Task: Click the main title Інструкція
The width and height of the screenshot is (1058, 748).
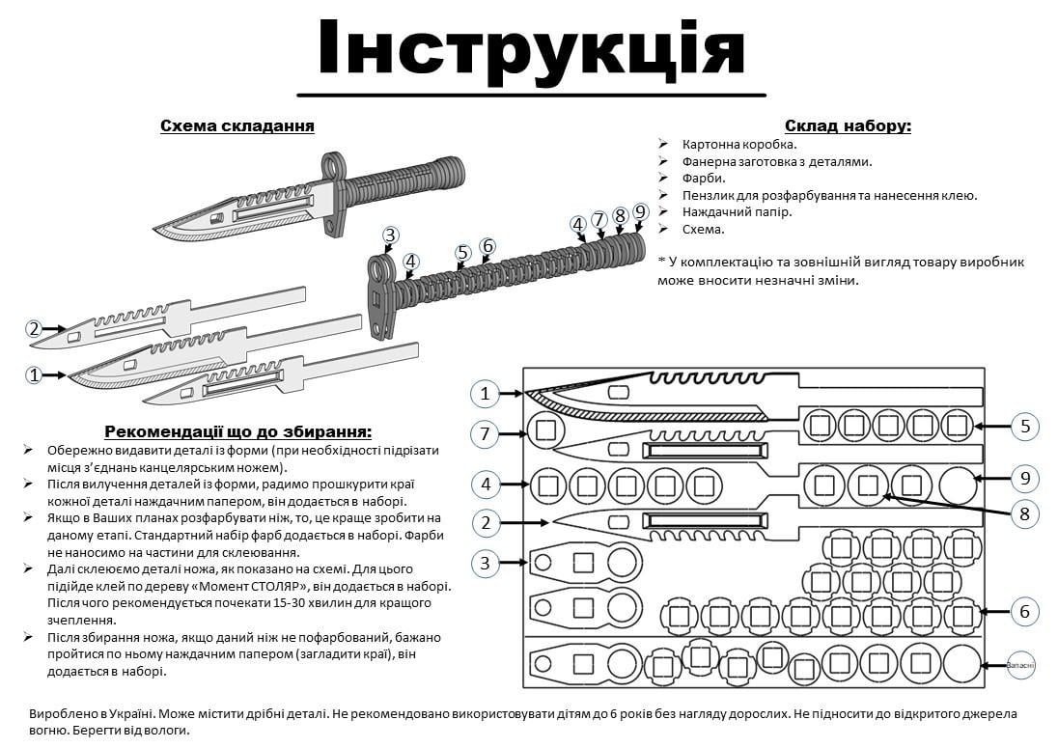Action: coord(530,48)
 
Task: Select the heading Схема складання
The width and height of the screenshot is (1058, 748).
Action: coord(237,126)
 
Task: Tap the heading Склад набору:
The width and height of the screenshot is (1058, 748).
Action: coord(848,125)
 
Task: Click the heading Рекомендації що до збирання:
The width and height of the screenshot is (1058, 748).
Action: coord(237,431)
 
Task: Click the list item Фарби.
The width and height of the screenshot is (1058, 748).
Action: coord(704,178)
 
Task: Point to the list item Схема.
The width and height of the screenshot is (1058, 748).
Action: coord(703,230)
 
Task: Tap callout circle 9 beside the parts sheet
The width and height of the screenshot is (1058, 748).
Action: coord(1025,478)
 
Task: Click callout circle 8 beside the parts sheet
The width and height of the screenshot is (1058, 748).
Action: coord(1025,514)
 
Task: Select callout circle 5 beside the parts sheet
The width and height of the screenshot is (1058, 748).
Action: coord(1025,426)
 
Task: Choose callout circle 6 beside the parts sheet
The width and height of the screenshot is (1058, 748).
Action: coord(1025,611)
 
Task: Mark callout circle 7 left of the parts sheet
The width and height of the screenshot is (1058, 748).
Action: coord(486,434)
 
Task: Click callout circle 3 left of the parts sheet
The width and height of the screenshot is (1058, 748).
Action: coord(486,562)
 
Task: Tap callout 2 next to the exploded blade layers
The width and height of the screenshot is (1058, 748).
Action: coord(34,329)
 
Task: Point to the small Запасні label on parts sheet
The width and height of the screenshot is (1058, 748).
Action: coord(1019,664)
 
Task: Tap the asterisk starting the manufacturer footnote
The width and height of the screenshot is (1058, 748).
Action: coord(662,263)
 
